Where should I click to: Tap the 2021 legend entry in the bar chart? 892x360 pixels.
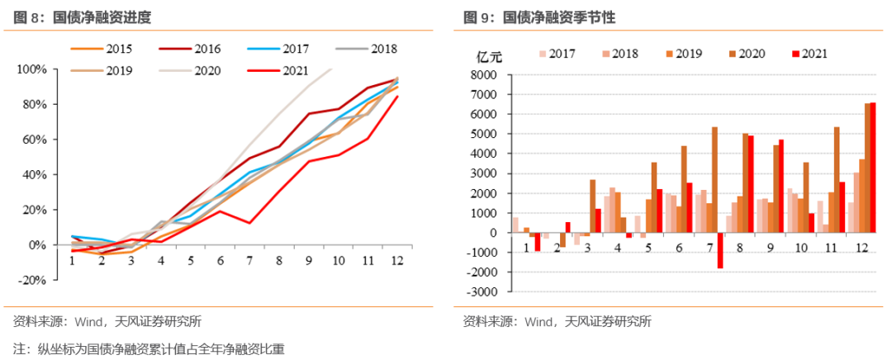pyautogui.click(x=812, y=54)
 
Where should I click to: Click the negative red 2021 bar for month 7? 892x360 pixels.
pyautogui.click(x=719, y=250)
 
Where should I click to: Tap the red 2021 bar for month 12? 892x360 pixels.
pyautogui.click(x=873, y=168)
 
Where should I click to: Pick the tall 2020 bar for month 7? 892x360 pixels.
pyautogui.click(x=714, y=179)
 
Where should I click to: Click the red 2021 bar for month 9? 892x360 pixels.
pyautogui.click(x=781, y=186)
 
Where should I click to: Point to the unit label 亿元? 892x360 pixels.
pyautogui.click(x=490, y=55)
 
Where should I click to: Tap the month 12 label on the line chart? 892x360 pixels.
pyautogui.click(x=396, y=260)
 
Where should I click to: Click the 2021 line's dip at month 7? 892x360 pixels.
pyautogui.click(x=249, y=223)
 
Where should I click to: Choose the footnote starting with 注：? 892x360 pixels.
pyautogui.click(x=149, y=348)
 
